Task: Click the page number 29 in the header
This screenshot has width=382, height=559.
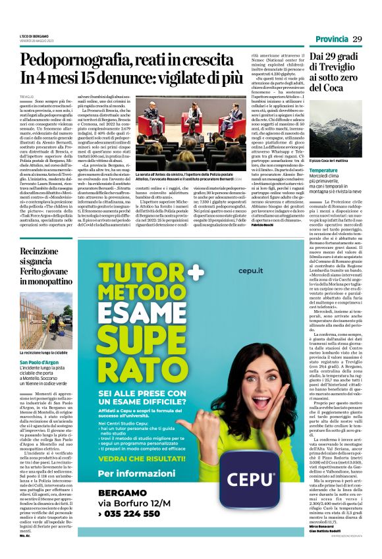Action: (x=357, y=40)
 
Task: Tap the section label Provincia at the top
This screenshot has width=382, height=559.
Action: (x=331, y=40)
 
